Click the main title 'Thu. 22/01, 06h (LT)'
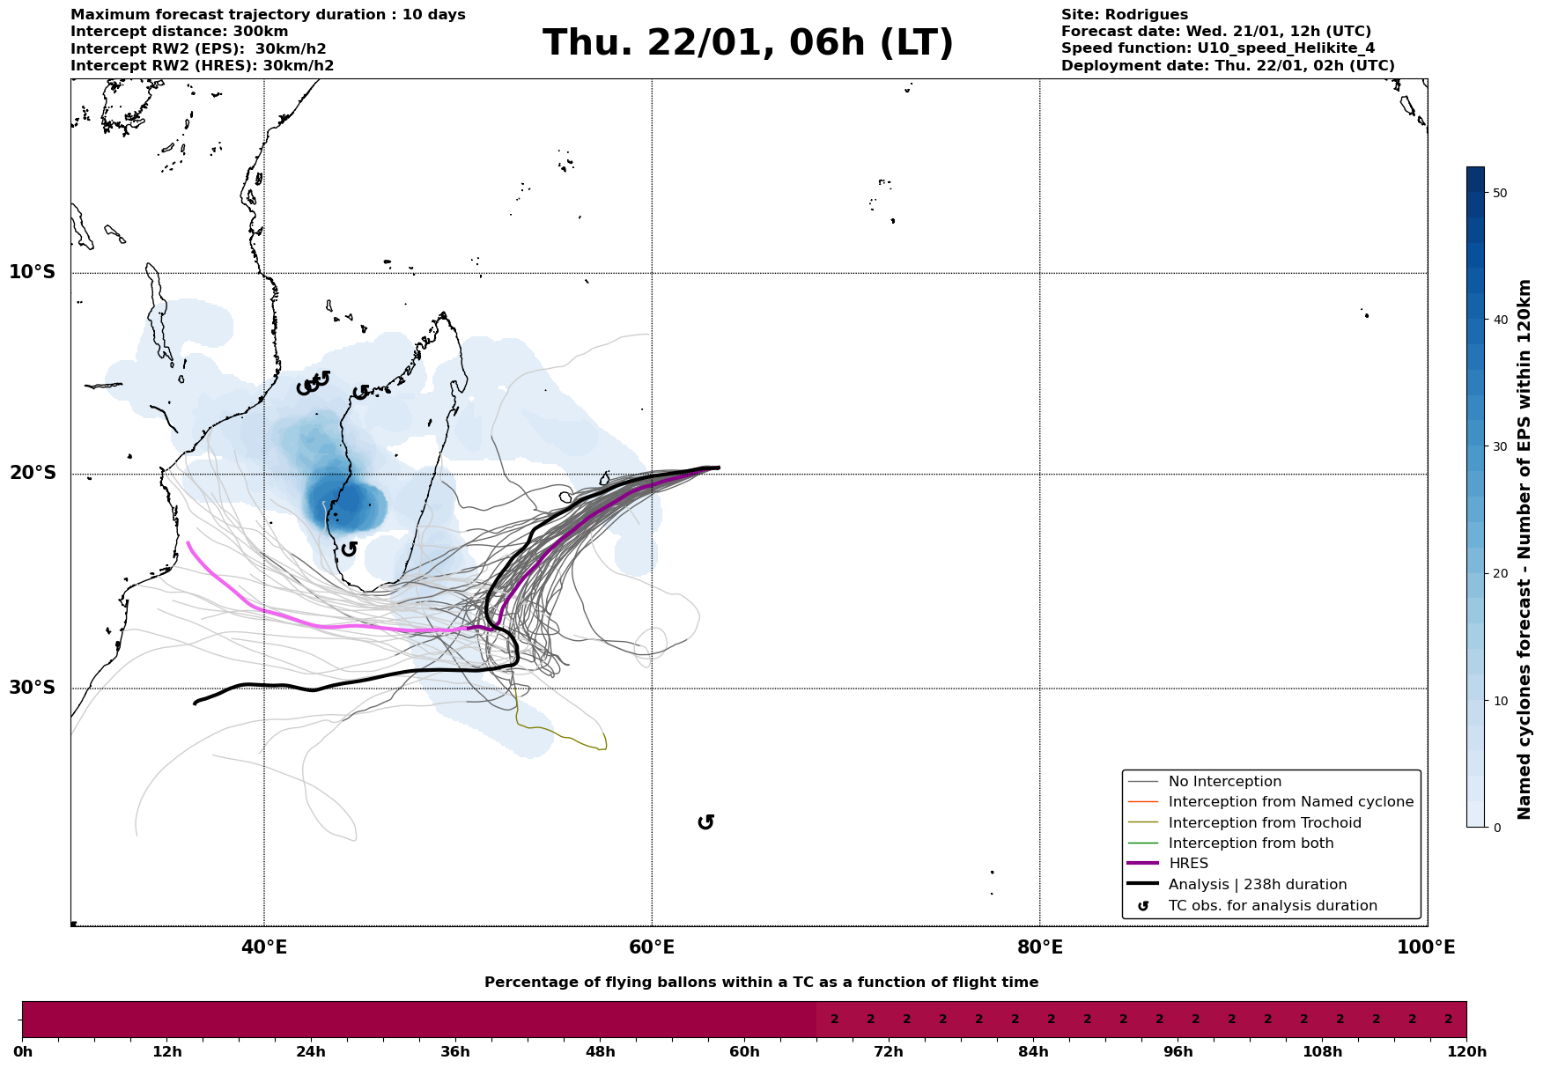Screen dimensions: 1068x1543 (x=748, y=43)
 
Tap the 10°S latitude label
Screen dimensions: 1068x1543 (x=33, y=272)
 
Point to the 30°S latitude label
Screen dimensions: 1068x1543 (x=33, y=688)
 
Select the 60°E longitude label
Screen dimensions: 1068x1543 (x=652, y=947)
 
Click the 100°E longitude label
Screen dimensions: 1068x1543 (x=1426, y=947)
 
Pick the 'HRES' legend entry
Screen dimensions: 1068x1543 (x=1188, y=864)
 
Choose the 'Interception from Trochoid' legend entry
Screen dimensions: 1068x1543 (x=1265, y=823)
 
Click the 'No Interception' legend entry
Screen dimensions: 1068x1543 (x=1224, y=782)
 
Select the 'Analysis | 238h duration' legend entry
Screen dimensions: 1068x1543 (x=1257, y=885)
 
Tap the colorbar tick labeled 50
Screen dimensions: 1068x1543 (x=1501, y=193)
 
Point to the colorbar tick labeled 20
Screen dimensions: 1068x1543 (x=1501, y=573)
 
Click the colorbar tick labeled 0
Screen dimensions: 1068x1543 (x=1497, y=827)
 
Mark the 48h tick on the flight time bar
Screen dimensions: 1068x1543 (x=600, y=1052)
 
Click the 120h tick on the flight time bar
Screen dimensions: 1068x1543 (x=1466, y=1052)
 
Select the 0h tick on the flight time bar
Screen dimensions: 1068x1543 (x=23, y=1052)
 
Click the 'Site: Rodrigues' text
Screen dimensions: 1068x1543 (x=1124, y=15)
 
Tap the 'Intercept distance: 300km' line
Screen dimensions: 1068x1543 (x=179, y=32)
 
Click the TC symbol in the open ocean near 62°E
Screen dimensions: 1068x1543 (x=705, y=822)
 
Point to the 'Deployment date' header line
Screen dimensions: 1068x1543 (x=1228, y=66)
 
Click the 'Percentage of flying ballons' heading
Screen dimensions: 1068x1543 (x=761, y=983)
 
